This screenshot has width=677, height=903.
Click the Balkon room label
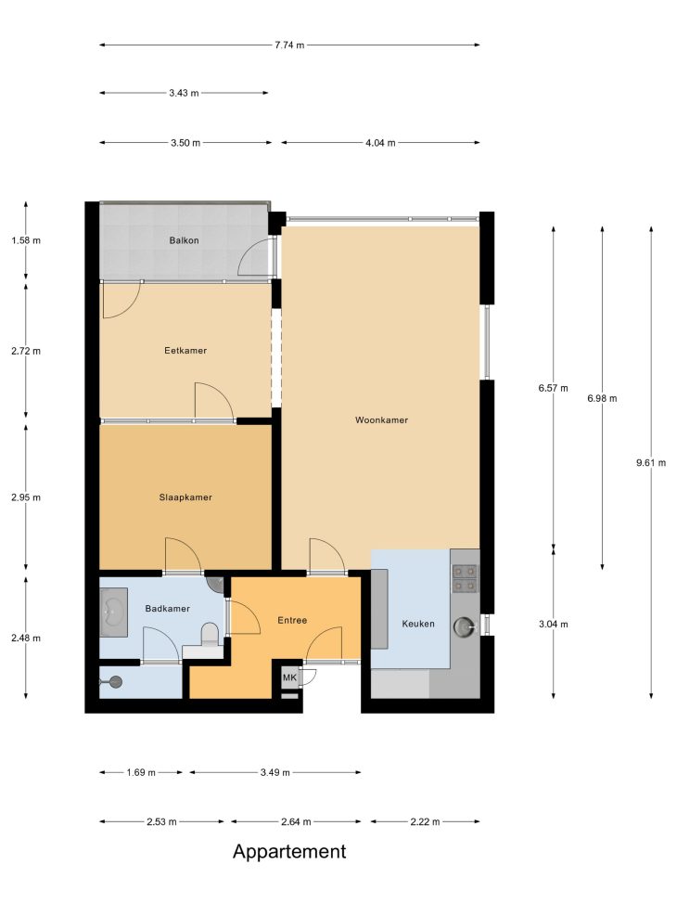pyautogui.click(x=184, y=240)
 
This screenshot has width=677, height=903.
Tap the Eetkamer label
pyautogui.click(x=185, y=350)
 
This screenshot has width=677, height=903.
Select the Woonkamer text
pyautogui.click(x=381, y=419)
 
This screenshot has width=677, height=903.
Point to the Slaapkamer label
pyautogui.click(x=185, y=497)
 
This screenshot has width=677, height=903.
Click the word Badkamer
pyautogui.click(x=167, y=608)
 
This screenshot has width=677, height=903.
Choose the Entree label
pyautogui.click(x=292, y=620)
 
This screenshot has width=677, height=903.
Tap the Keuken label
pyautogui.click(x=418, y=623)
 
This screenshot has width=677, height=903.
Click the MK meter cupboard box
pyautogui.click(x=289, y=677)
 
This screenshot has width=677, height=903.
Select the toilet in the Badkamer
pyautogui.click(x=210, y=634)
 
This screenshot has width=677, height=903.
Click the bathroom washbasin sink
pyautogui.click(x=113, y=613)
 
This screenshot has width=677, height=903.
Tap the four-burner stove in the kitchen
pyautogui.click(x=465, y=578)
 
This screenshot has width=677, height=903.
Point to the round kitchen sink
pyautogui.click(x=464, y=626)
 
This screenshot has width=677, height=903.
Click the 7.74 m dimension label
pyautogui.click(x=289, y=45)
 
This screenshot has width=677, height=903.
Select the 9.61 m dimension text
pyautogui.click(x=651, y=462)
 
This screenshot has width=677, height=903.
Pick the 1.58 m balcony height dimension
pyautogui.click(x=26, y=240)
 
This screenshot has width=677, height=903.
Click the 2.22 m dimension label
pyautogui.click(x=425, y=822)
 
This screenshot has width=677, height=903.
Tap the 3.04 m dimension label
pyautogui.click(x=554, y=624)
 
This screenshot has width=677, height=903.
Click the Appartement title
pyautogui.click(x=289, y=852)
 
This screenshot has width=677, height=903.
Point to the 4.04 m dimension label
pyautogui.click(x=380, y=143)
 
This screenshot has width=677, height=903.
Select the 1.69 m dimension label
pyautogui.click(x=141, y=772)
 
